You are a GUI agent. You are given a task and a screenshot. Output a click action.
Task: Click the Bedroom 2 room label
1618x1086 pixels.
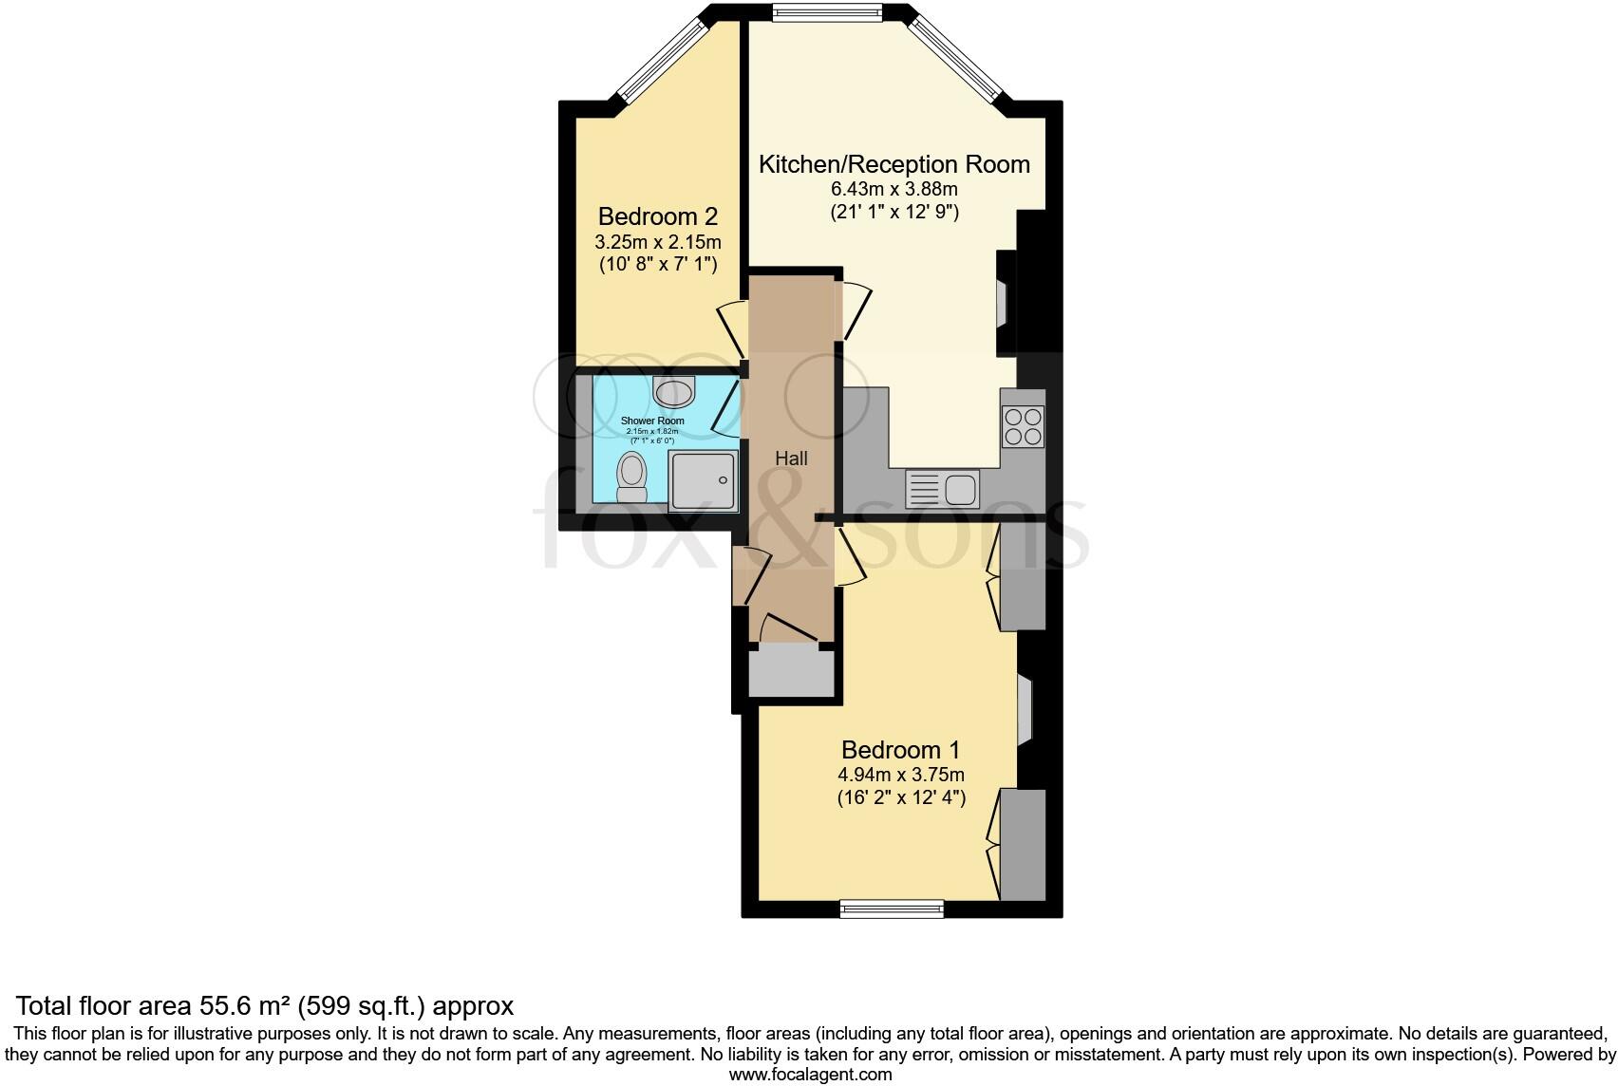coord(656,217)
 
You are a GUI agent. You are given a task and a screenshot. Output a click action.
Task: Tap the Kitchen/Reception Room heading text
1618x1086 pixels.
coord(894,164)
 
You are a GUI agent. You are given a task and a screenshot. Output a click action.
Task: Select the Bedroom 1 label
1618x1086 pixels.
coord(900,750)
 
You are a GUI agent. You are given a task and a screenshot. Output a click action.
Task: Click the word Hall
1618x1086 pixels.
coord(791,459)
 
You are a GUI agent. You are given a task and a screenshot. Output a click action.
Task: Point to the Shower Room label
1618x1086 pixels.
coord(651,421)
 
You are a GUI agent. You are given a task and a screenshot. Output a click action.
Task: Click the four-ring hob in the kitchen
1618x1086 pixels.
coord(1023,426)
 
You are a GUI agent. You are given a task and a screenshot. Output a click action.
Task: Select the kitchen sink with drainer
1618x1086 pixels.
coord(942,490)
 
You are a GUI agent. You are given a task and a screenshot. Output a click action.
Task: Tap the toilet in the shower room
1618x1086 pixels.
coord(631,477)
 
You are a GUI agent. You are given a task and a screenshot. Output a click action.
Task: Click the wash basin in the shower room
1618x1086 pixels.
coord(674,390)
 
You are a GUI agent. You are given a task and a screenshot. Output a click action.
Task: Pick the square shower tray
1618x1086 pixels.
coord(703,481)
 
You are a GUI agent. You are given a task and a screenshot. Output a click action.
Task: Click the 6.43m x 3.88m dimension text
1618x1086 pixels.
coord(894,190)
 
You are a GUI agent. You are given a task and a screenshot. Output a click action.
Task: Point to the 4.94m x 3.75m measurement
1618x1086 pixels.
coord(900,776)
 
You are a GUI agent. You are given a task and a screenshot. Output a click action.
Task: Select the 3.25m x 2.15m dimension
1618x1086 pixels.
coord(657,242)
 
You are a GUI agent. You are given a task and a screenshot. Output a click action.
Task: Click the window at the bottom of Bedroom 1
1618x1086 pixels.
coord(892,909)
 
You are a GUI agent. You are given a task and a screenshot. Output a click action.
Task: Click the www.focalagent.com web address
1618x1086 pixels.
coord(810,1075)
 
